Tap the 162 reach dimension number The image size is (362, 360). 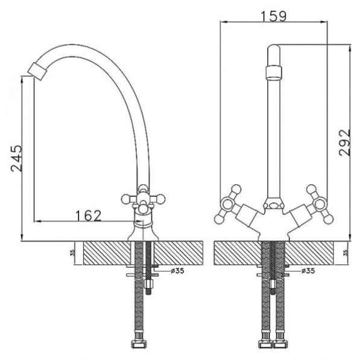tap(88, 214)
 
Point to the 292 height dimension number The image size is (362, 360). tap(345, 143)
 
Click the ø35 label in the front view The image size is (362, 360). tap(307, 270)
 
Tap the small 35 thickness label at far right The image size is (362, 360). tap(346, 253)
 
